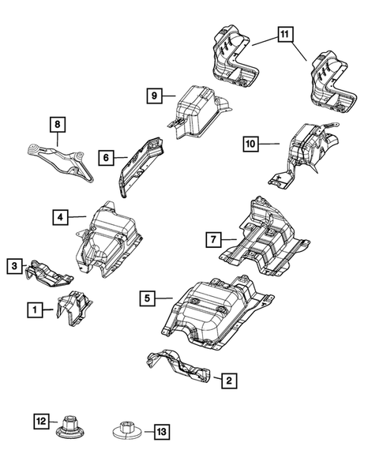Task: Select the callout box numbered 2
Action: (x=227, y=381)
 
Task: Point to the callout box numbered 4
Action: (x=58, y=216)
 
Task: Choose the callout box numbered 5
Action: (x=147, y=298)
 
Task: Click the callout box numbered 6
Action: (x=104, y=157)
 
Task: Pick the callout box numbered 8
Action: (x=57, y=124)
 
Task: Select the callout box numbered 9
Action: (x=155, y=96)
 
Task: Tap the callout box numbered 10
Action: (x=250, y=143)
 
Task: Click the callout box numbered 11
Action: (x=283, y=35)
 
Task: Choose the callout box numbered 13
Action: (x=160, y=432)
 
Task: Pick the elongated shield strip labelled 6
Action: (x=139, y=163)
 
